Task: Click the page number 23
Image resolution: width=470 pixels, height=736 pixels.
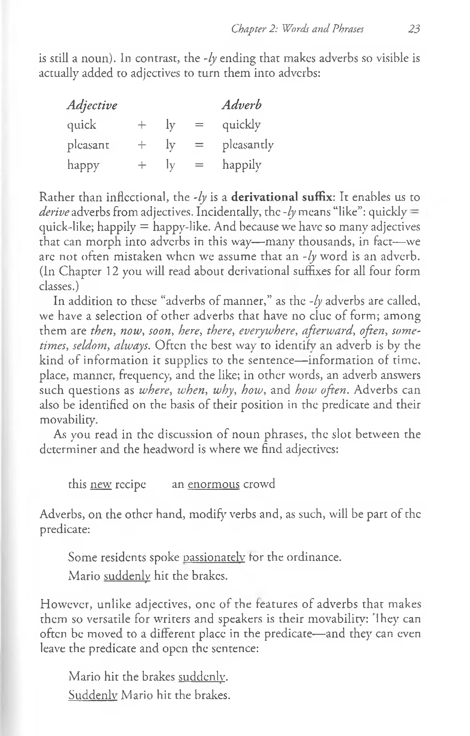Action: pyautogui.click(x=414, y=29)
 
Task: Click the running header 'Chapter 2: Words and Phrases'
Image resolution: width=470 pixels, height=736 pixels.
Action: pyautogui.click(x=297, y=29)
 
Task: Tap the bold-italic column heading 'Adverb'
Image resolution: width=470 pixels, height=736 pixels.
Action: pyautogui.click(x=242, y=105)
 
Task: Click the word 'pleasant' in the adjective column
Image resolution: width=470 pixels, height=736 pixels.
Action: pyautogui.click(x=88, y=145)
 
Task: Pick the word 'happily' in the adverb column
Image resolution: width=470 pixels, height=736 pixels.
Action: pyautogui.click(x=242, y=165)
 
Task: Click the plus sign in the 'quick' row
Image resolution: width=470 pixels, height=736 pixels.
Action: pyautogui.click(x=142, y=125)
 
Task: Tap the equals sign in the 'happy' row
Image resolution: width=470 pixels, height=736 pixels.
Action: pyautogui.click(x=199, y=165)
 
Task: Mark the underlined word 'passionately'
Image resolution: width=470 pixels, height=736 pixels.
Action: pyautogui.click(x=214, y=557)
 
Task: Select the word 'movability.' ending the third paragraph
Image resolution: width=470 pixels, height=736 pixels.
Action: pyautogui.click(x=69, y=420)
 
